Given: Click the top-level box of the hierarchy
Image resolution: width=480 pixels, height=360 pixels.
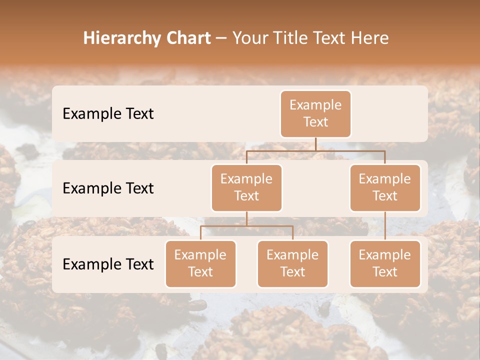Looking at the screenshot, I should (x=315, y=114).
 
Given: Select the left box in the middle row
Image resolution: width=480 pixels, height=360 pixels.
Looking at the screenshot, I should (x=246, y=188).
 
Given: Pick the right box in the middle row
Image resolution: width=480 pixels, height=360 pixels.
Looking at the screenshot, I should (x=385, y=188).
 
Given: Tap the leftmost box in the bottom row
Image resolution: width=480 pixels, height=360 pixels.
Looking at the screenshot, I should (x=200, y=264).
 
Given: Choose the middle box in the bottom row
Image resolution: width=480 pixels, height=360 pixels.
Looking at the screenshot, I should (x=292, y=264).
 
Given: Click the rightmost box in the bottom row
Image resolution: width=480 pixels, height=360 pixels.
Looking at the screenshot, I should (x=385, y=264).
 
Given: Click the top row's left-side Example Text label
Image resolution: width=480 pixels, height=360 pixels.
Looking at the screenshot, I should (x=108, y=114).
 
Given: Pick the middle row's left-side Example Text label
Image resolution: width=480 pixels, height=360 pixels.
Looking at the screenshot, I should (x=108, y=188).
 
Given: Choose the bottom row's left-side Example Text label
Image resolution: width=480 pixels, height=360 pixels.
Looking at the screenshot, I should (x=108, y=264).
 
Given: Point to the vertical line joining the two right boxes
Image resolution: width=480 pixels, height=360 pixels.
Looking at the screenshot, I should (x=385, y=226).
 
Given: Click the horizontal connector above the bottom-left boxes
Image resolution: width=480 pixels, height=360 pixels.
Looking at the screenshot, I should (x=246, y=226).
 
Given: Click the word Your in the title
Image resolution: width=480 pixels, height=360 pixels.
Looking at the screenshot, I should (x=249, y=38).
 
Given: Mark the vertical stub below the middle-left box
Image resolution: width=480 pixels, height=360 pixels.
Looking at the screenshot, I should (x=246, y=219).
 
